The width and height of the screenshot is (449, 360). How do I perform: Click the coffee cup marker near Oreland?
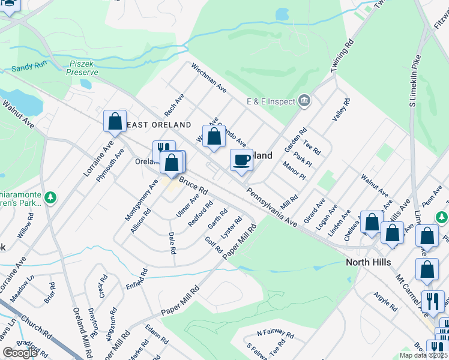click(241, 160)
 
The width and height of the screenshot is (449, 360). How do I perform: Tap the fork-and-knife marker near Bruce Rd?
click(163, 150)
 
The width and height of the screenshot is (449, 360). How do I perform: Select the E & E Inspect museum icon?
click(304, 100)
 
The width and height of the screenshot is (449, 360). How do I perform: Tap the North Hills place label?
click(369, 262)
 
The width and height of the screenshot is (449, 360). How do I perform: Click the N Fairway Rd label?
click(276, 333)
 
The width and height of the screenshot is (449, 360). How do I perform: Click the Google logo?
click(20, 353)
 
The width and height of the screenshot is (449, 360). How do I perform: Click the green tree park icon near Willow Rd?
click(52, 197)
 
